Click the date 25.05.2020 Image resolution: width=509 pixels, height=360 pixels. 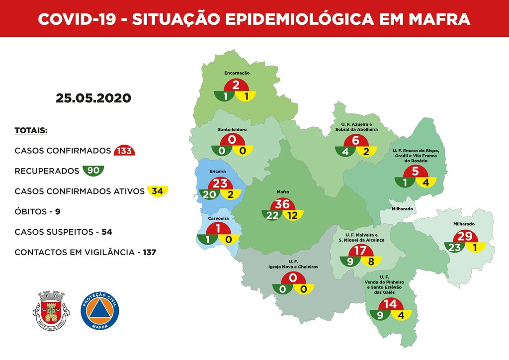tap(93, 98)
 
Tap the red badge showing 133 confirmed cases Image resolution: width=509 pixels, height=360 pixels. tap(124, 151)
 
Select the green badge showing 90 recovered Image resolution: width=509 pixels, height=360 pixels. tap(93, 171)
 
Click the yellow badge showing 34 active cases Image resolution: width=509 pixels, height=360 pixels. tap(158, 191)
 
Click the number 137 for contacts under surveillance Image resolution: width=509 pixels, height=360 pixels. tap(149, 252)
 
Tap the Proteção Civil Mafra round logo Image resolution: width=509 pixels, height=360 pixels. tap(99, 310)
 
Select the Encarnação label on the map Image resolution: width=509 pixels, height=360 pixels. tap(237, 73)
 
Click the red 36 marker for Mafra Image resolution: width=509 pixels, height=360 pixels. tap(283, 204)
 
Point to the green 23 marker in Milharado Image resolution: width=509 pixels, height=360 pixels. tap(454, 247)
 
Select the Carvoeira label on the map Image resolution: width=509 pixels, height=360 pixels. tap(218, 217)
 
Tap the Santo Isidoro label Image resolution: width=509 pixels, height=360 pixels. tap(233, 130)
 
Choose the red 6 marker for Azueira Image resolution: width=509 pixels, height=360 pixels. tap(355, 141)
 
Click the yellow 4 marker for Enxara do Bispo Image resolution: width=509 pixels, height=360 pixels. tap(425, 182)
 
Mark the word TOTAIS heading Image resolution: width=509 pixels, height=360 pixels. tap(31, 130)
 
